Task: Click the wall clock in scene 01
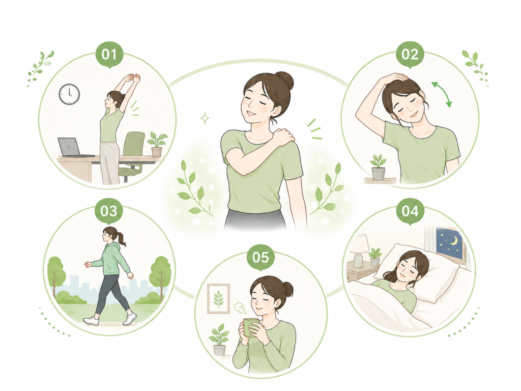(x=69, y=94)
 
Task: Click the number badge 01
(x=109, y=54)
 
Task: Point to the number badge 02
(x=410, y=54)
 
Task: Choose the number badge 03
(x=109, y=211)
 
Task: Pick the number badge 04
(x=411, y=211)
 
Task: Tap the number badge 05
(x=260, y=257)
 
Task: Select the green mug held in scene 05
(x=251, y=327)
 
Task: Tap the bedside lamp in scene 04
(x=359, y=250)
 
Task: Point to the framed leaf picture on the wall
(x=218, y=298)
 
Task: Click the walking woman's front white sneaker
(x=91, y=321)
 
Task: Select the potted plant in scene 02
(x=378, y=167)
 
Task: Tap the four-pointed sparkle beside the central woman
(x=205, y=118)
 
